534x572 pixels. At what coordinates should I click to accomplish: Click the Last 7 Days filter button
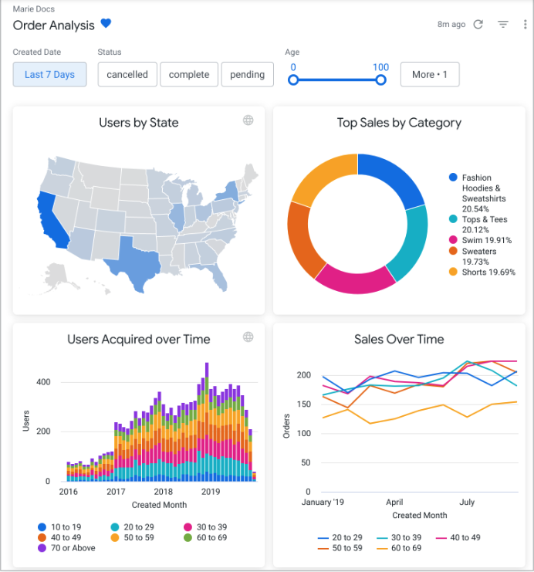49,75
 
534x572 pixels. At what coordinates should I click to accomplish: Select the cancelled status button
127,75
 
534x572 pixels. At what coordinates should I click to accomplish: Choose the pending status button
247,75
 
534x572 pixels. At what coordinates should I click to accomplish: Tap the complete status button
189,75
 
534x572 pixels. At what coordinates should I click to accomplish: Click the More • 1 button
429,75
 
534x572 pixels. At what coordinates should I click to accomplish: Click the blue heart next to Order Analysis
106,25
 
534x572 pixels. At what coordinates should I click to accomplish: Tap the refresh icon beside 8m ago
478,25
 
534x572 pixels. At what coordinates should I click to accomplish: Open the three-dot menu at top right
525,25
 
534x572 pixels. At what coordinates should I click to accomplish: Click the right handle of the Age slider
380,80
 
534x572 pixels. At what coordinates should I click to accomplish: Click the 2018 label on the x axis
163,492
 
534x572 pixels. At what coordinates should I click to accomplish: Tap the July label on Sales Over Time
467,502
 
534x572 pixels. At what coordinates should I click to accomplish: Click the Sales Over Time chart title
399,339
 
